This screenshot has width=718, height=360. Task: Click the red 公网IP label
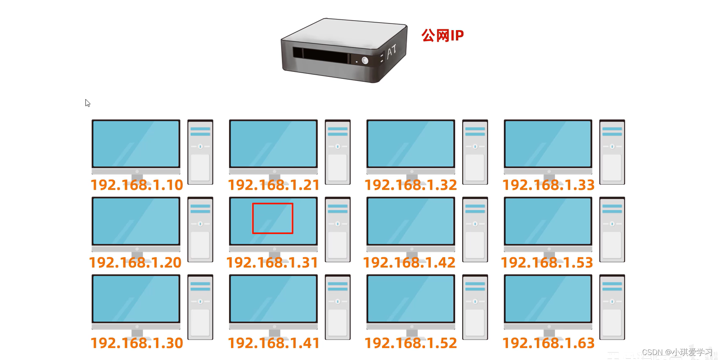(x=442, y=36)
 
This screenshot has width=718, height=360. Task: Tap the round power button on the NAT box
(x=365, y=61)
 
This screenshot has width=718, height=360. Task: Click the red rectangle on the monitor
(x=273, y=218)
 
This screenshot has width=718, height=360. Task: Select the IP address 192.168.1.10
(x=137, y=185)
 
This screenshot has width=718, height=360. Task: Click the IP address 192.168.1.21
(x=274, y=185)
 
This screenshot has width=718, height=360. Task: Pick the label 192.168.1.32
(x=411, y=185)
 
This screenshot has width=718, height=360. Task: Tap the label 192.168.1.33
(x=548, y=185)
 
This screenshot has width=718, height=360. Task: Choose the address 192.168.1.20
(x=135, y=263)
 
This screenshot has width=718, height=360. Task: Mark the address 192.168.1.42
(x=409, y=263)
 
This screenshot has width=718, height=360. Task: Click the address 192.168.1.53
(x=547, y=263)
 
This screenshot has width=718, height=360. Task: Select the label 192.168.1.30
(x=137, y=343)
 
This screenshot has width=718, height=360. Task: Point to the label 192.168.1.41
(x=274, y=343)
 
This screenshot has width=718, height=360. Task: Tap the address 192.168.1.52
(x=411, y=343)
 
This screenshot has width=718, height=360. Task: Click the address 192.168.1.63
(x=548, y=343)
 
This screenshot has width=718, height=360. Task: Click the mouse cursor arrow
(x=87, y=103)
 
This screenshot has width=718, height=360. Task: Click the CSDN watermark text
(x=677, y=352)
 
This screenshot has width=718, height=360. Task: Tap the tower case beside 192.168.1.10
(x=201, y=152)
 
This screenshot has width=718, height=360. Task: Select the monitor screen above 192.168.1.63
(x=548, y=298)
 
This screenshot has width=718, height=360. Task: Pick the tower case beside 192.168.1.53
(x=612, y=230)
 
